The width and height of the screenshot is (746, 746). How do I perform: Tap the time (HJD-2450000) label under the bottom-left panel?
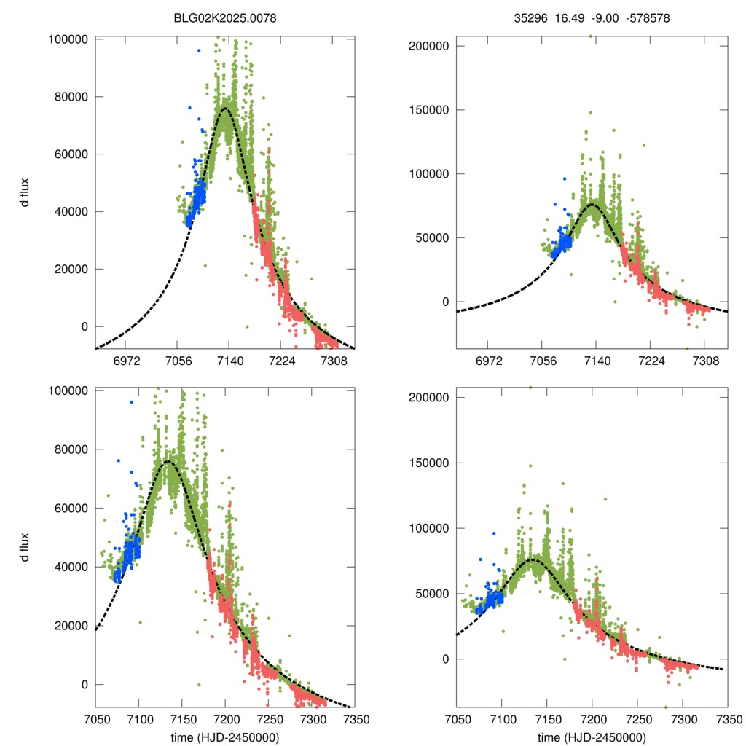pyautogui.click(x=224, y=737)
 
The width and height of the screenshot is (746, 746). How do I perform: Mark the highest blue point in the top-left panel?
pyautogui.click(x=198, y=50)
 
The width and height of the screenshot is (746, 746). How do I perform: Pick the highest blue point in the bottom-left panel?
pyautogui.click(x=131, y=402)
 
